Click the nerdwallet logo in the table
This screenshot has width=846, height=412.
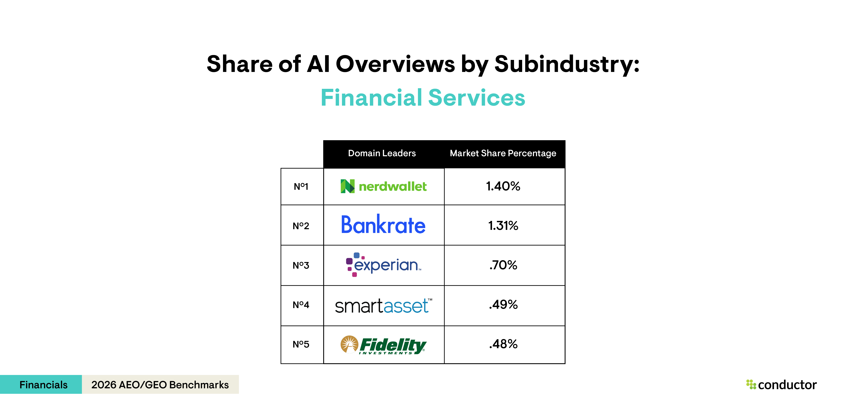coord(384,186)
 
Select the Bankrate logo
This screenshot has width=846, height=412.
coord(383,225)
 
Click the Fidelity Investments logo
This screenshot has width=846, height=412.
coord(383,345)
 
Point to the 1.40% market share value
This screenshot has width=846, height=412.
coord(503,186)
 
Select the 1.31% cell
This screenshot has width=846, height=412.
coord(503,226)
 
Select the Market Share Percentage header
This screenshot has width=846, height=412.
coord(503,153)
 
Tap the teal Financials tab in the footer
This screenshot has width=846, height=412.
coord(43,384)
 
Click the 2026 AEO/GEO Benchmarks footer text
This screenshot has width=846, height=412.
coord(160,384)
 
